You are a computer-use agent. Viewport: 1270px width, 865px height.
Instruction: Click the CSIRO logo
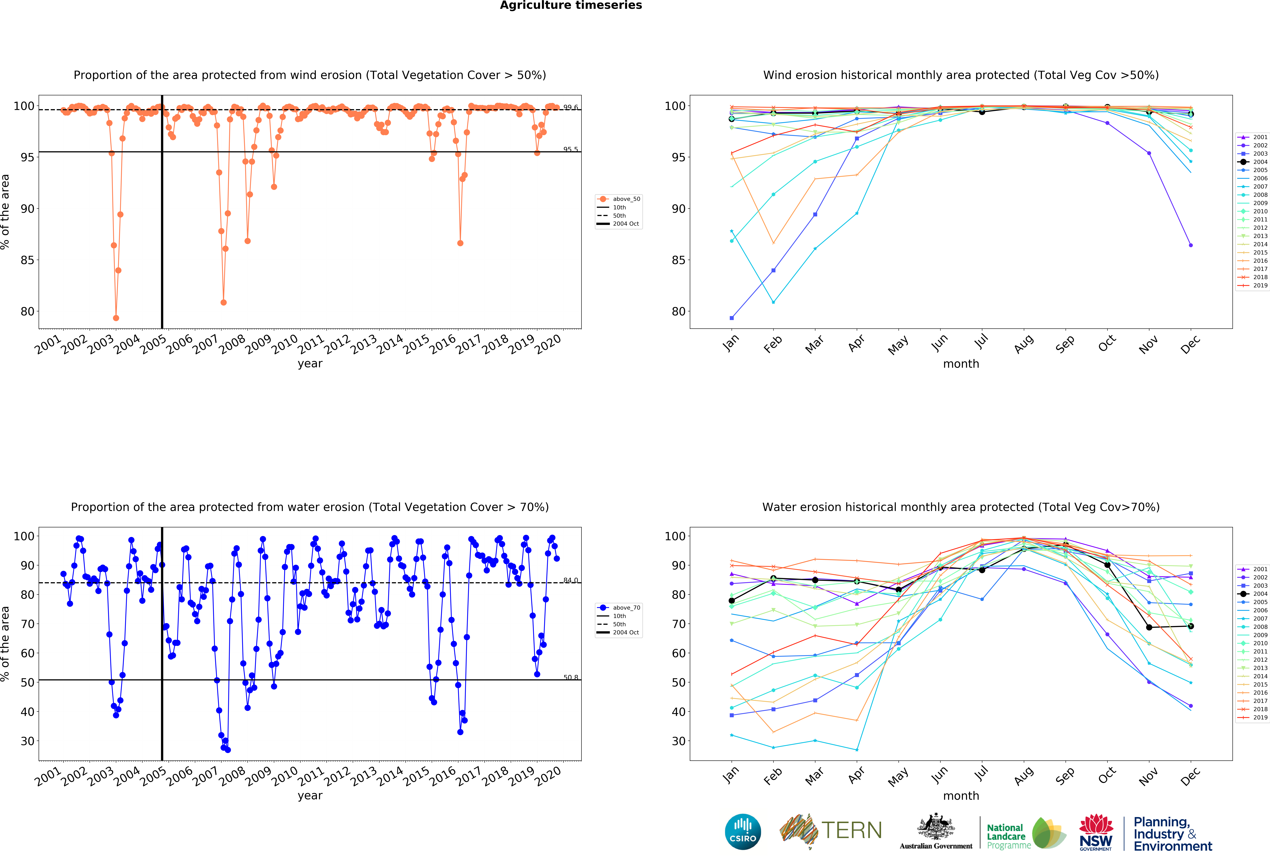click(743, 832)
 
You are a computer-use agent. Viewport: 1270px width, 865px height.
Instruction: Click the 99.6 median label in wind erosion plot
click(571, 108)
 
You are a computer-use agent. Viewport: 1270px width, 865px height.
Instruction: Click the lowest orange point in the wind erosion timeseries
click(116, 318)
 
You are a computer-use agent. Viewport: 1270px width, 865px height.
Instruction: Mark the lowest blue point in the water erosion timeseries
click(228, 750)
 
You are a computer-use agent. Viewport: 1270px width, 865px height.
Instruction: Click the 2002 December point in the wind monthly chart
click(1191, 245)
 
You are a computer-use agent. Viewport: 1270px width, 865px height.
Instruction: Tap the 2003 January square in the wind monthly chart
click(732, 318)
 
